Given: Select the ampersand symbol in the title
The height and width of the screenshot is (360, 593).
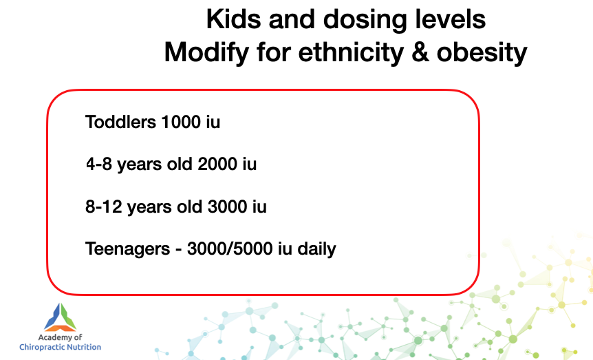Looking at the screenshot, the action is [x=420, y=52].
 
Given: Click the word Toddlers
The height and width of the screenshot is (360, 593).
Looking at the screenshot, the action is [x=120, y=122].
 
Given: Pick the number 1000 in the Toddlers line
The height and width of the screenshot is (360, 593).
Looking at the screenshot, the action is [x=181, y=122].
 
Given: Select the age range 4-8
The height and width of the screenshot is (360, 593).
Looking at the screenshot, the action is [x=99, y=165].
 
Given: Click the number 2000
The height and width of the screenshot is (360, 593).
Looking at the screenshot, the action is [x=217, y=165].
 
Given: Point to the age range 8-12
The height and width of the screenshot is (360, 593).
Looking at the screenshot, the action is [x=104, y=207].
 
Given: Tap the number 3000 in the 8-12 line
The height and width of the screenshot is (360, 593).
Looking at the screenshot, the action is [x=227, y=207].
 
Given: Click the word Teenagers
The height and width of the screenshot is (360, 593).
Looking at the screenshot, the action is [x=128, y=249].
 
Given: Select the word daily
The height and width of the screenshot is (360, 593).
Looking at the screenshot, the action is [x=316, y=249].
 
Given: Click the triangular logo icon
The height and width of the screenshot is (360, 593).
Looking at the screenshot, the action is [x=60, y=317].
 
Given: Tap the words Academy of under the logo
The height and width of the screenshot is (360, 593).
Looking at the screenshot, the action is [x=60, y=337].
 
